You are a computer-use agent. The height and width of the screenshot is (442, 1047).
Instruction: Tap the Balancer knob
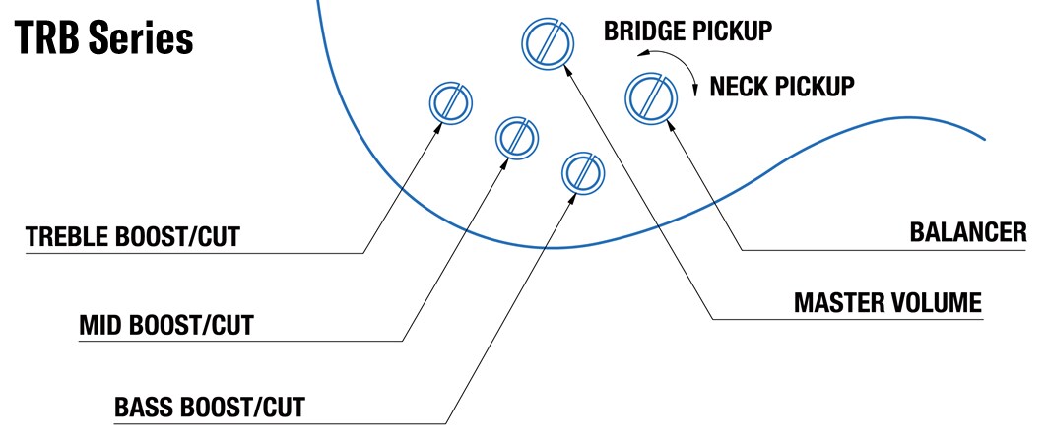pos(650,96)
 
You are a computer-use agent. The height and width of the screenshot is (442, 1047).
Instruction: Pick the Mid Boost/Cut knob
pos(516,137)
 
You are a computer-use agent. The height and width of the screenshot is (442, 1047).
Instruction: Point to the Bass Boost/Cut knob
pos(582,172)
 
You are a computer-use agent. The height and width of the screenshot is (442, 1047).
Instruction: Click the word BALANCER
pos(967,232)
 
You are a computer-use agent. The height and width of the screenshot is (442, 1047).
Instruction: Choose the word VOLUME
pos(936,302)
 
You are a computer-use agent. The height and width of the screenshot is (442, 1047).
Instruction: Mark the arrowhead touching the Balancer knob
pos(673,129)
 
